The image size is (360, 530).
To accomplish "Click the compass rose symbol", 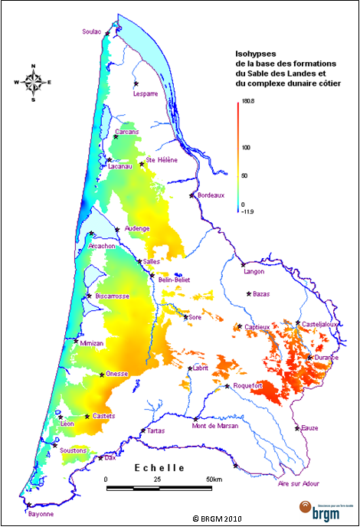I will pyautogui.click(x=33, y=82).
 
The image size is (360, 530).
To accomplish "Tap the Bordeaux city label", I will pyautogui.click(x=210, y=195).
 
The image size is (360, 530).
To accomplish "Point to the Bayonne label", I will pyautogui.click(x=41, y=514).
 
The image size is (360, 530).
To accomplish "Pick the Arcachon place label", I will pyautogui.click(x=102, y=246).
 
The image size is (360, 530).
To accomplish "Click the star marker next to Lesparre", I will pyautogui.click(x=136, y=83).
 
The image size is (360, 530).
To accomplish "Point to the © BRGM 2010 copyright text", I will pyautogui.click(x=218, y=519).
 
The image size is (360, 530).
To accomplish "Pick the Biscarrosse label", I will pyautogui.click(x=113, y=296).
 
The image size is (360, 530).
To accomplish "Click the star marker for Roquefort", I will pyautogui.click(x=227, y=387).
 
